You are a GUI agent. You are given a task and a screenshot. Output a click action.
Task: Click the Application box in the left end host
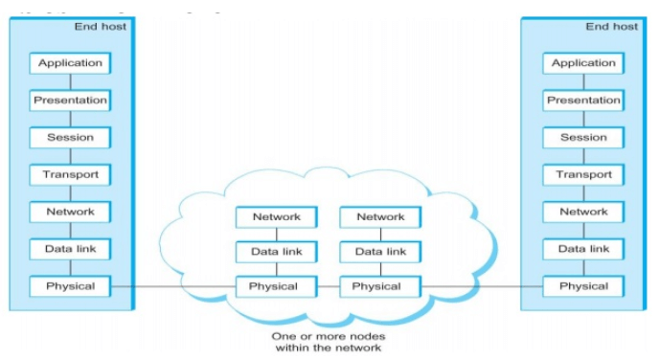click(70, 63)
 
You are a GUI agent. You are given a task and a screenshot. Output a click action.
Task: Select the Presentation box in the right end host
click(583, 101)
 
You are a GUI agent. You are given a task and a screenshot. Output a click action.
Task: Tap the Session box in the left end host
click(70, 138)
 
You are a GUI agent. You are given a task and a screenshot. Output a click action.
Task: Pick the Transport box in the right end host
click(583, 175)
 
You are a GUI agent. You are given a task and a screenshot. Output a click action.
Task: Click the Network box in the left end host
click(70, 212)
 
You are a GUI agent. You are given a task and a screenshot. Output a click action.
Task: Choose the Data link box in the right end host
click(583, 249)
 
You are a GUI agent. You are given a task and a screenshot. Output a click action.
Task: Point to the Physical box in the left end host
click(70, 286)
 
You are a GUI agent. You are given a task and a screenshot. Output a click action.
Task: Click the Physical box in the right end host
click(583, 286)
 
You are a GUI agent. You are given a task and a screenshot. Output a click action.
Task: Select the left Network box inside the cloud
click(277, 217)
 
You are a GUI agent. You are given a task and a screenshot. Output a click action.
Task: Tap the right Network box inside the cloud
click(380, 217)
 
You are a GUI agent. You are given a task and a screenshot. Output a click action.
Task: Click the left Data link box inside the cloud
click(277, 252)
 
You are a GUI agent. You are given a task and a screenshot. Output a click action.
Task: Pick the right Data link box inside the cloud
click(380, 252)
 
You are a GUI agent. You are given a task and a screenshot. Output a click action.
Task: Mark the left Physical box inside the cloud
click(277, 286)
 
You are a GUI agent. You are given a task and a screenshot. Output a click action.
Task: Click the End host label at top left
click(100, 26)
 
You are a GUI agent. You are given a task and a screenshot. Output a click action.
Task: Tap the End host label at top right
click(611, 26)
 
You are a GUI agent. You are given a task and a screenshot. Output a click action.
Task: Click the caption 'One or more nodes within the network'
click(328, 342)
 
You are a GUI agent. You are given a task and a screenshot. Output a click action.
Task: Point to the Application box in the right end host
click(583, 63)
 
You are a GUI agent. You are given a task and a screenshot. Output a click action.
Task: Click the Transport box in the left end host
click(70, 175)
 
